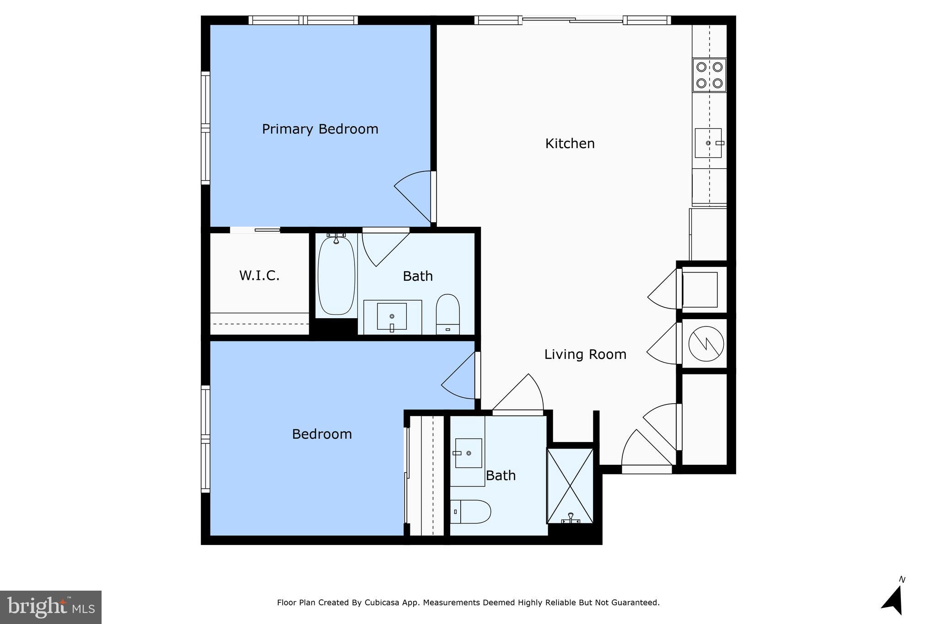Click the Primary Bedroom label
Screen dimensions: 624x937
tap(320, 129)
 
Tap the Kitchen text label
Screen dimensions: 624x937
tap(570, 144)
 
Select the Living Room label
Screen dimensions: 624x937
tap(585, 354)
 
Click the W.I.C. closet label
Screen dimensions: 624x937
tap(259, 276)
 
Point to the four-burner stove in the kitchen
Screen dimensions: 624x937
tap(709, 75)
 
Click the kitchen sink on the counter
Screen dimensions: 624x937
tap(708, 143)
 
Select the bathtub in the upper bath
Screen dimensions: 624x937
tap(336, 275)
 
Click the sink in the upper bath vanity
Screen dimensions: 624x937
tap(392, 316)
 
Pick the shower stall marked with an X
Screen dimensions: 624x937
tap(570, 485)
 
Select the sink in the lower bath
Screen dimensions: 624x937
tap(468, 453)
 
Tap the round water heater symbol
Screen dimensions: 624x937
tap(706, 343)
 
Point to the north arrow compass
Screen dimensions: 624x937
tap(894, 599)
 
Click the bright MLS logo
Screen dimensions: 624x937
tap(51, 607)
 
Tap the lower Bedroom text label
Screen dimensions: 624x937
tap(322, 434)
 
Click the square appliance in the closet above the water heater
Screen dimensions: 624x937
tap(700, 290)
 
